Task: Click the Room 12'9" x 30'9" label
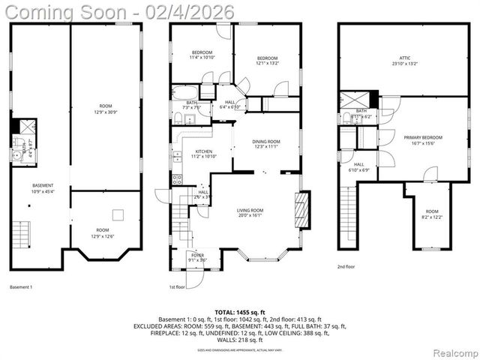pos(106,109)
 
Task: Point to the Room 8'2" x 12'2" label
pos(433,214)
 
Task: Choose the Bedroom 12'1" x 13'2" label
pos(268,61)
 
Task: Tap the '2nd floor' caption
pos(346,266)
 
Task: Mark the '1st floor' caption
pos(178,286)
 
